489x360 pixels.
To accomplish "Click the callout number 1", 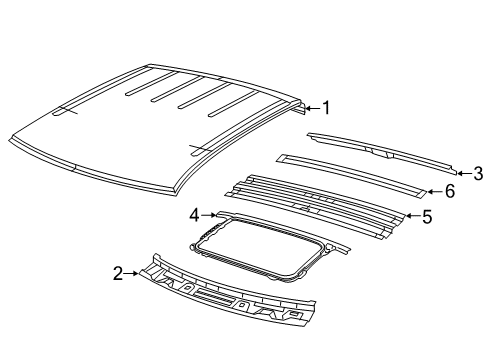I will click(x=324, y=107).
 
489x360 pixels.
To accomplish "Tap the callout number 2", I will click(x=118, y=271).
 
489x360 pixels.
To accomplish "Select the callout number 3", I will click(x=479, y=172).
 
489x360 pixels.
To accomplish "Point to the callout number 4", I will click(x=194, y=213).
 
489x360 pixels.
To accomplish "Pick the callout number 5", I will click(x=427, y=216).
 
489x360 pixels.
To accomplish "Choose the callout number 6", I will click(x=449, y=191).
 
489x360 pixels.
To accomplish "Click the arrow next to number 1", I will click(x=310, y=107).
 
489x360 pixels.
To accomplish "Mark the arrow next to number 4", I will click(x=208, y=213).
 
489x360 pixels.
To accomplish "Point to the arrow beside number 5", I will click(x=412, y=216).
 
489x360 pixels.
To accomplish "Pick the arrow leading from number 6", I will click(x=434, y=191).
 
